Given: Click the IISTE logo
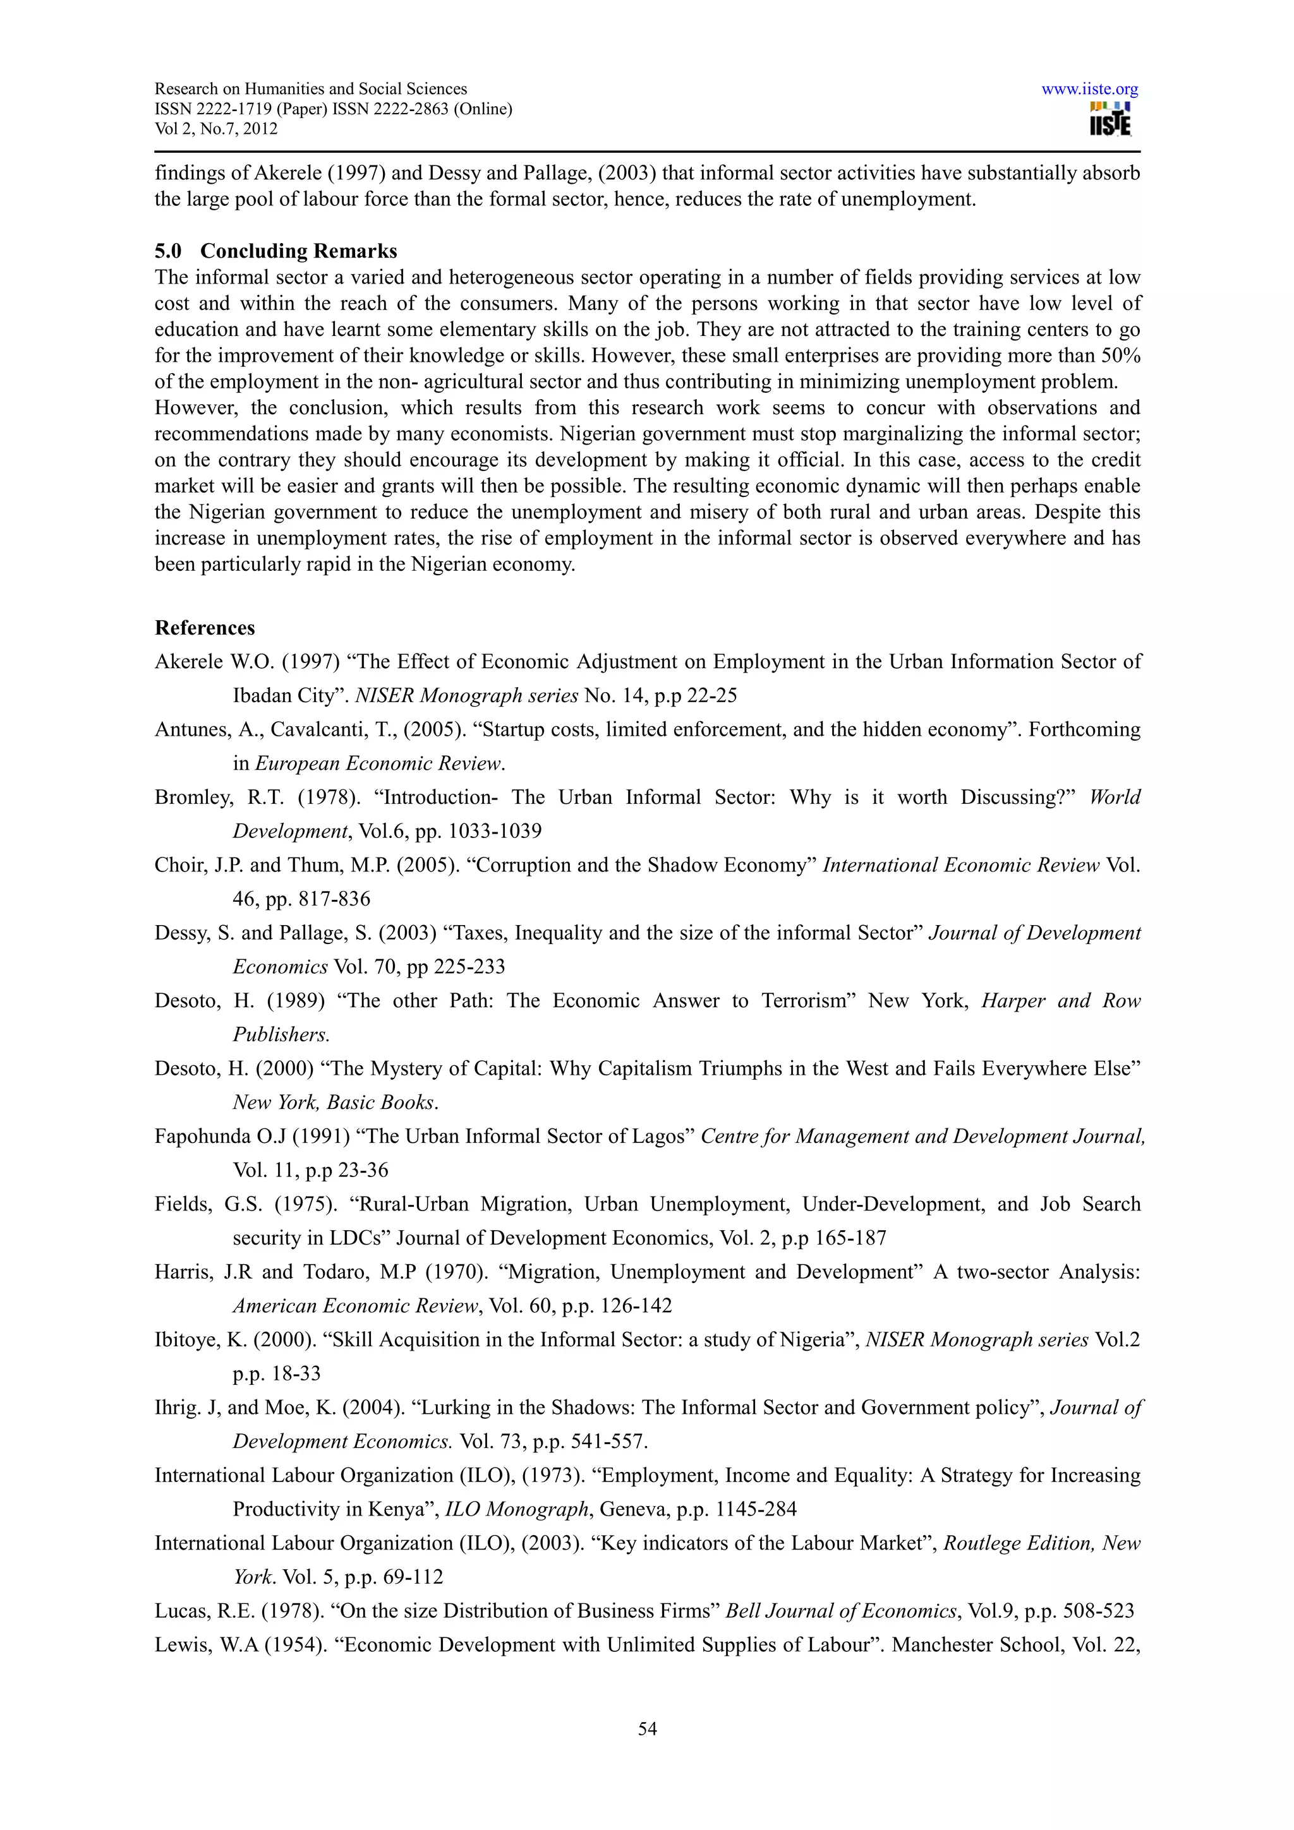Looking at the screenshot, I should [1110, 121].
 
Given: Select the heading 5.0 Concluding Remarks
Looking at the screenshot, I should [276, 251].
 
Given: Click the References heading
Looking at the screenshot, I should [205, 628].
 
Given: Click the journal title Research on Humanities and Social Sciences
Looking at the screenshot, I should [310, 89].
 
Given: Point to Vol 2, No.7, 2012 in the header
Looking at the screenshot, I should [215, 129].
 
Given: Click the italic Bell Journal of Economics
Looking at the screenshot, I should [840, 1611].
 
